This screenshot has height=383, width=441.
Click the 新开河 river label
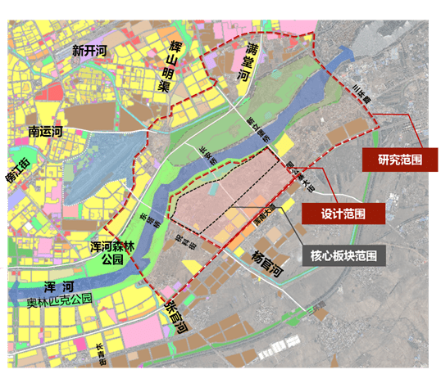pyautogui.click(x=89, y=51)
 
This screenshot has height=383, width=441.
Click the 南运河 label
pyautogui.click(x=52, y=130)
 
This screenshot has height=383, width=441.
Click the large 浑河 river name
pyautogui.click(x=60, y=287)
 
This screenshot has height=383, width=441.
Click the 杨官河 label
pyautogui.click(x=264, y=262)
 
